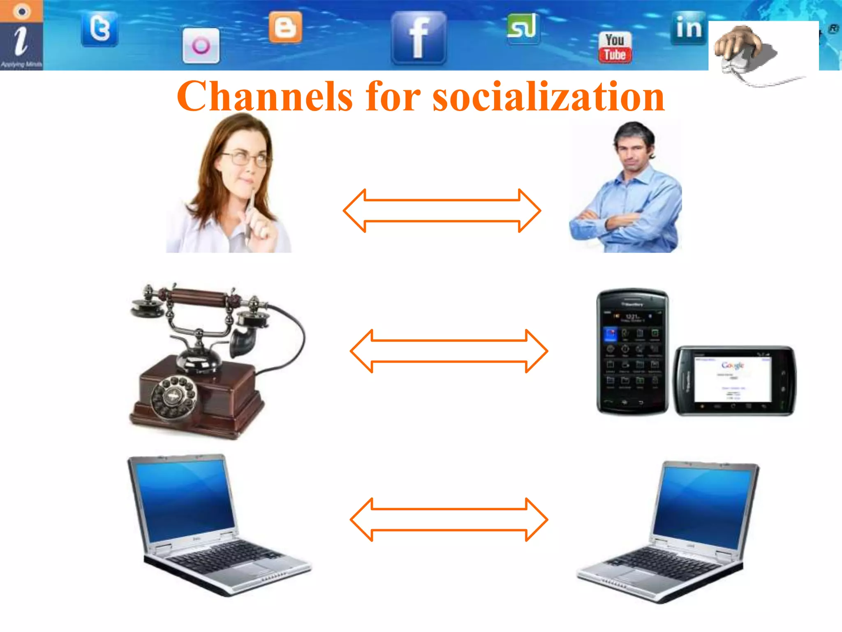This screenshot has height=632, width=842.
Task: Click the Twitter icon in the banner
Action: coord(99,29)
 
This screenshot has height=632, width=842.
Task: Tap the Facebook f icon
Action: coord(419,38)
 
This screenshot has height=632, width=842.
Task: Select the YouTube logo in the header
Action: coord(615,48)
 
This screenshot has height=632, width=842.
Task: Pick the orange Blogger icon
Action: coord(285,28)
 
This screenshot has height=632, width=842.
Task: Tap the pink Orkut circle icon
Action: coord(201,46)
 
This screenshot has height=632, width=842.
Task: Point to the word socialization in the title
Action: coord(548,97)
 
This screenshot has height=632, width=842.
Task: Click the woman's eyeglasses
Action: coord(245,158)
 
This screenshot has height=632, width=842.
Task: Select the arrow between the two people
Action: coord(442,211)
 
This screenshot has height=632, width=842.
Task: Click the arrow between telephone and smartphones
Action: coord(449,351)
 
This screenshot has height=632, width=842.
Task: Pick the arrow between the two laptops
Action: coord(449,520)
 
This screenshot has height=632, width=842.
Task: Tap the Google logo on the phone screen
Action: coord(732,365)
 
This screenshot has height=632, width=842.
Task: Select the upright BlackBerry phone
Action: coord(632,352)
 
